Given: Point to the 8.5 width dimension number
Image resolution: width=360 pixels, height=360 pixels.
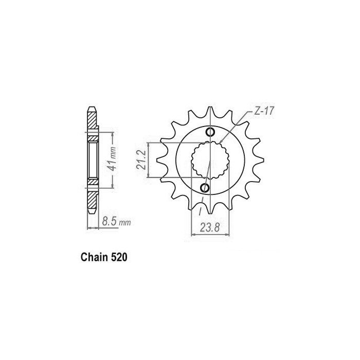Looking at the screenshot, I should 110,222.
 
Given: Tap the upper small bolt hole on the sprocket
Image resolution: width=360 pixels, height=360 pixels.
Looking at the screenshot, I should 210,133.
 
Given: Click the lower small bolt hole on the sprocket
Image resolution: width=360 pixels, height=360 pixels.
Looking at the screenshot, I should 204,187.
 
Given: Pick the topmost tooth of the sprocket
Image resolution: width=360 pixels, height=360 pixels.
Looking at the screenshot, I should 209,112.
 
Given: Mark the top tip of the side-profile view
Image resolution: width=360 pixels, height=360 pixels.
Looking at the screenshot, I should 92,108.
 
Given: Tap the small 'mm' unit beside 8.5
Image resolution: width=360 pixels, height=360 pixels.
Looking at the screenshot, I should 124,224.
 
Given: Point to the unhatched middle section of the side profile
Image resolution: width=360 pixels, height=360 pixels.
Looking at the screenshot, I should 92,160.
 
